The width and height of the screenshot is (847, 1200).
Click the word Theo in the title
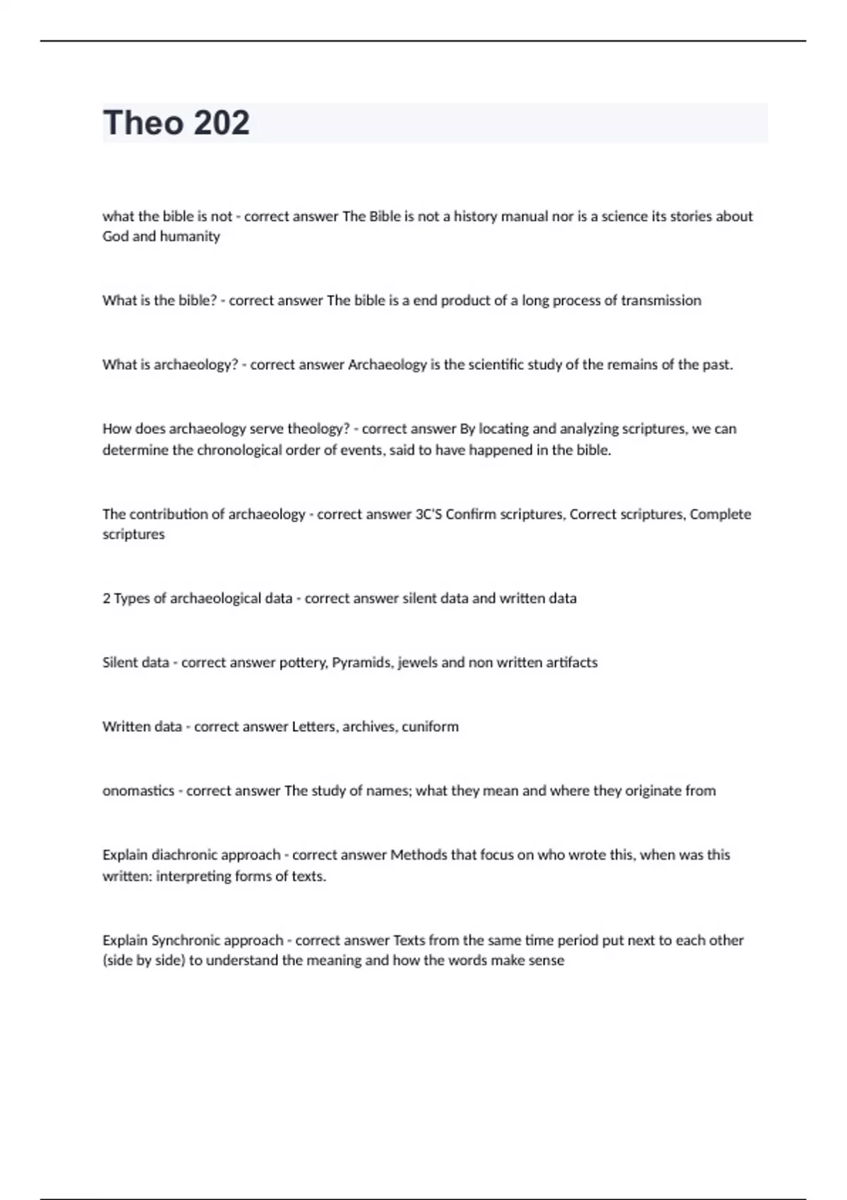143,123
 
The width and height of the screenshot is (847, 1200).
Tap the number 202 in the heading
221,123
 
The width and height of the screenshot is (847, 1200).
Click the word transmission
661,300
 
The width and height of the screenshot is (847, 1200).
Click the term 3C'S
428,514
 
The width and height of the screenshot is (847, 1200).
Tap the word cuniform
430,726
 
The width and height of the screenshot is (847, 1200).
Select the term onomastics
138,791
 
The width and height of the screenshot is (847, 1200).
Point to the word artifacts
572,662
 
